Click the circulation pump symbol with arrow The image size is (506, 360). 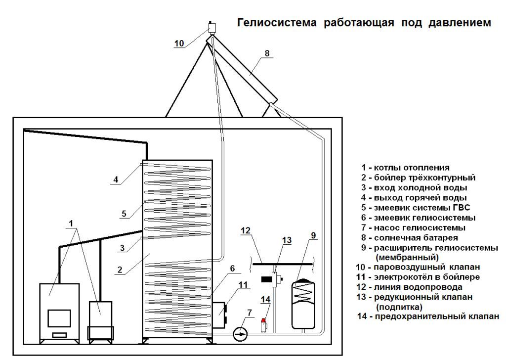point(240,334)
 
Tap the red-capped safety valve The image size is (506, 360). point(264,325)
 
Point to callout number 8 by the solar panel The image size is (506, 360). point(267,53)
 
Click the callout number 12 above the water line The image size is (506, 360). point(246,230)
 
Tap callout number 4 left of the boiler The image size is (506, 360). point(116,180)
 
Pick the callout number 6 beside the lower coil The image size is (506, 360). point(232,269)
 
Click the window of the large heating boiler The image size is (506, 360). point(59,318)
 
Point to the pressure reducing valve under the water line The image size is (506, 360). point(275,279)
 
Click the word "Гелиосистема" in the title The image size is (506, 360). point(277,23)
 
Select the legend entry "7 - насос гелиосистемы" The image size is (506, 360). point(413,227)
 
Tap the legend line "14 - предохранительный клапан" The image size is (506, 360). point(428,316)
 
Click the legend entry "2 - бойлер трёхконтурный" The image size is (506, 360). point(418,178)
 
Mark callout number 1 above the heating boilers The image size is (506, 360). point(71,223)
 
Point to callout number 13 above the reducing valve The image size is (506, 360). point(287,240)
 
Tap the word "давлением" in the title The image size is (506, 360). point(460,23)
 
